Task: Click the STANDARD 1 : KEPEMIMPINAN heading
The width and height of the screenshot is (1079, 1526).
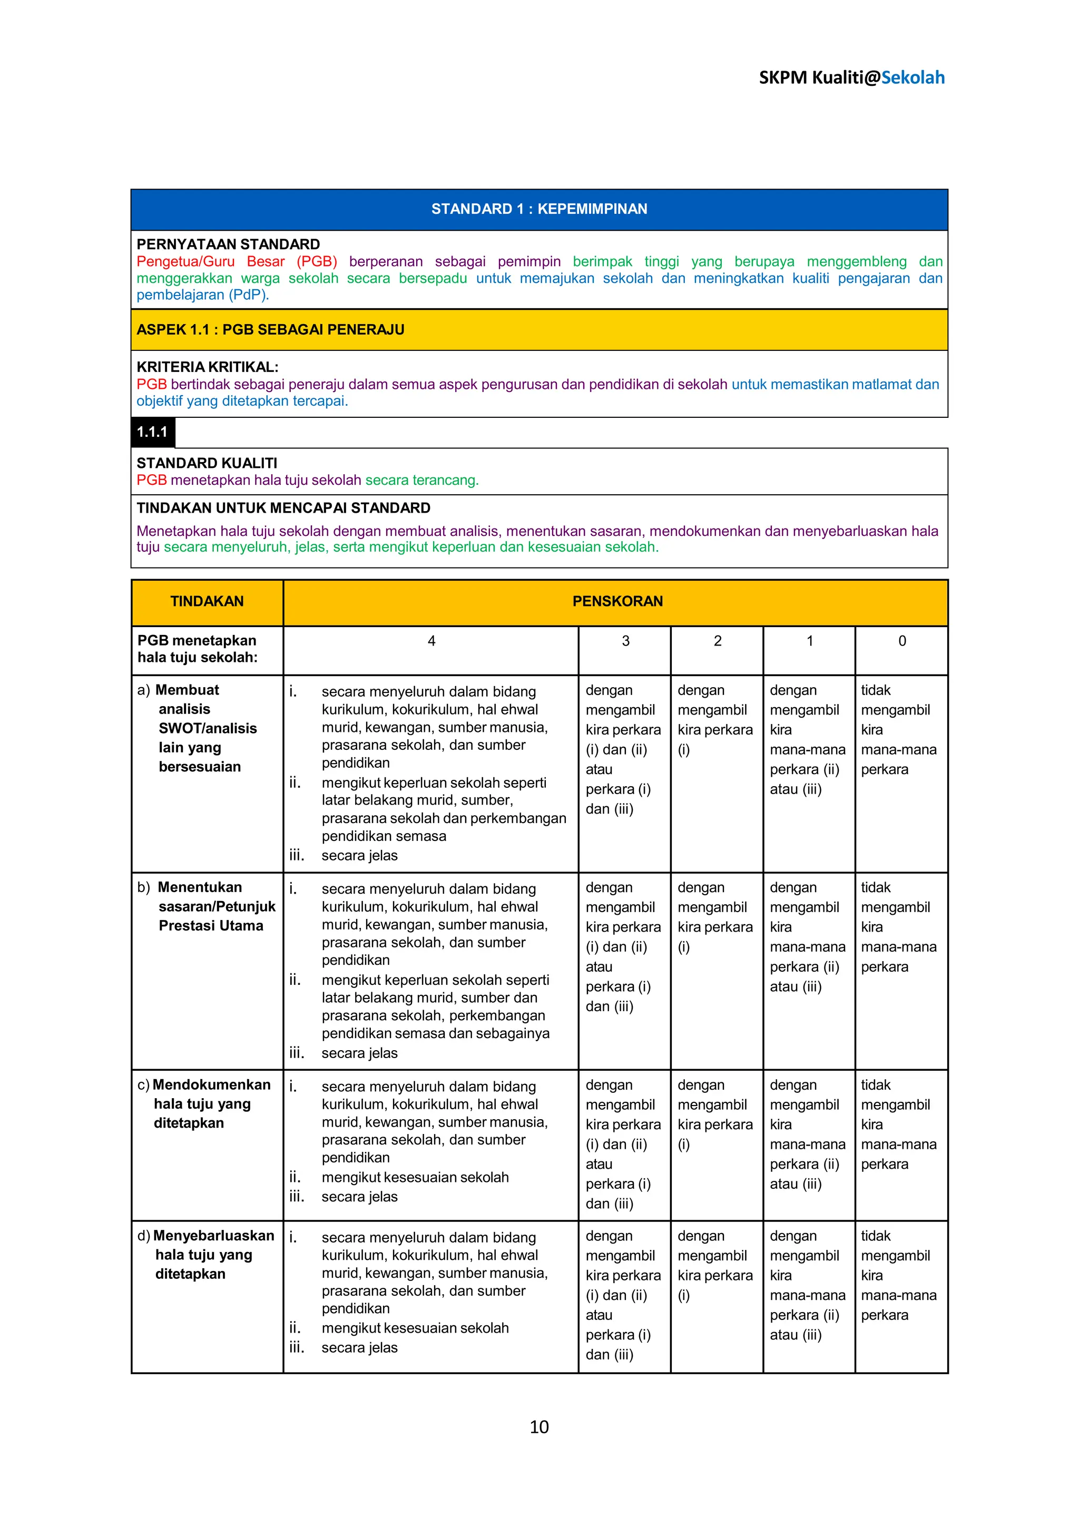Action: (539, 209)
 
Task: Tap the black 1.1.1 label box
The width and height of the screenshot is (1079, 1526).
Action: (152, 432)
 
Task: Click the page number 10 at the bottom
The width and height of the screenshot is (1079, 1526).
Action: (539, 1427)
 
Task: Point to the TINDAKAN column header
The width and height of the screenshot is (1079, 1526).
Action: (207, 601)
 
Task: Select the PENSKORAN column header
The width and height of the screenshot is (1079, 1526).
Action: (617, 601)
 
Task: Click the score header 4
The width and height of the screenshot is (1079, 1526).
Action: (431, 641)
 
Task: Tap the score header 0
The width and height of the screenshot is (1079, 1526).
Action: (901, 641)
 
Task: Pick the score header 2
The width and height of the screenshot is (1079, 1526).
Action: (717, 641)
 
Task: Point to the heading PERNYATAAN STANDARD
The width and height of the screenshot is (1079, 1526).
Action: (228, 244)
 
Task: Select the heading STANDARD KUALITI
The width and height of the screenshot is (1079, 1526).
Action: (207, 463)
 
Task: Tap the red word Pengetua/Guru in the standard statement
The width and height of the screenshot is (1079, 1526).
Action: (185, 261)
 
